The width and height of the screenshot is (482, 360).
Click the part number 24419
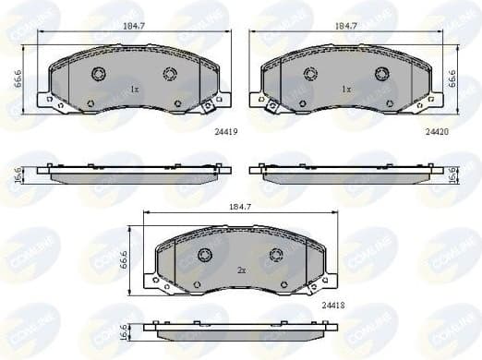(225, 132)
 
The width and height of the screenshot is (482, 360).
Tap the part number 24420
(437, 132)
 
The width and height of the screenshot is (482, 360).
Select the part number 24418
(333, 304)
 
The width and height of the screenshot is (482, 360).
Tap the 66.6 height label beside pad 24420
(452, 78)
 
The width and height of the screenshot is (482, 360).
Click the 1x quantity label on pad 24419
(134, 90)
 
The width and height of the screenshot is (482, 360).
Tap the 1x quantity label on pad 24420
(346, 90)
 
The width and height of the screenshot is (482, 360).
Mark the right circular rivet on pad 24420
(380, 74)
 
